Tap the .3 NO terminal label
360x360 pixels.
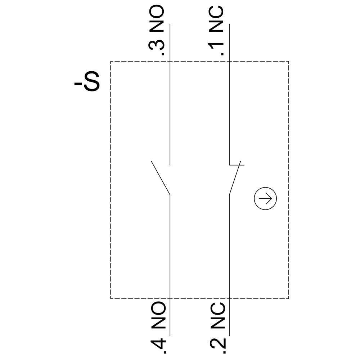click(157, 31)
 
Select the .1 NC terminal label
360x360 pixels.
click(216, 31)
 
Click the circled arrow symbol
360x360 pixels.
click(266, 199)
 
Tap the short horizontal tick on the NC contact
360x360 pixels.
click(237, 165)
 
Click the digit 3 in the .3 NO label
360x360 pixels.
click(157, 46)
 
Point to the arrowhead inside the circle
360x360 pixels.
click(270, 199)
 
